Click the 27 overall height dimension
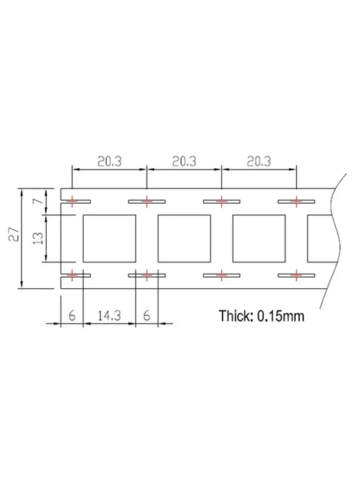point(15,234)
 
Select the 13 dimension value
point(38,238)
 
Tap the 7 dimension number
point(38,201)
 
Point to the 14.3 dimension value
point(110,315)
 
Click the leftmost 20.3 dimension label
point(110,161)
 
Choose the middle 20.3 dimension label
point(184,161)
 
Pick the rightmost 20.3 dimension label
point(259,161)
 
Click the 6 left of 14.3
point(72,315)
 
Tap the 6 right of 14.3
point(147,315)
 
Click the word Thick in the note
point(236,316)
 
